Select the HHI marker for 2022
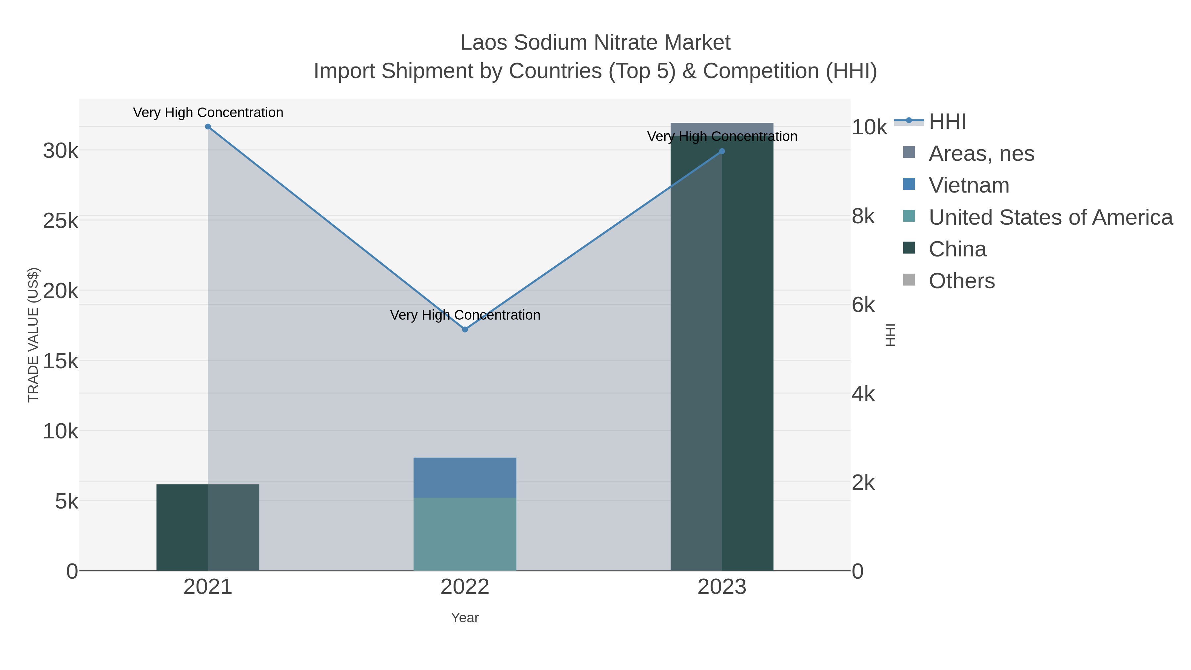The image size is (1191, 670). point(465,329)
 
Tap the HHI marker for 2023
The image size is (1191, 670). point(722,151)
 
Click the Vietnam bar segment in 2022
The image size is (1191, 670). point(465,478)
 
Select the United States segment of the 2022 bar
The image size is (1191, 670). point(465,534)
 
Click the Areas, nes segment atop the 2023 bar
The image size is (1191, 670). point(722,129)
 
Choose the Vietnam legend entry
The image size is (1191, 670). point(969,185)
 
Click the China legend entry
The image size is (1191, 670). point(957,249)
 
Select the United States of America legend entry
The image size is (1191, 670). point(1050,217)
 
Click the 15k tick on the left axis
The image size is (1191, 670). point(61,361)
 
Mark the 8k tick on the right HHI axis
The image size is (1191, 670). point(863,216)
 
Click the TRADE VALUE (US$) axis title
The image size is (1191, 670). point(33,335)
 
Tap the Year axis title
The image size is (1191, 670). point(465,618)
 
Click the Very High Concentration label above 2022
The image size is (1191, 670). point(465,315)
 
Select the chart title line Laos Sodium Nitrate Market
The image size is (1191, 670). point(595,43)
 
